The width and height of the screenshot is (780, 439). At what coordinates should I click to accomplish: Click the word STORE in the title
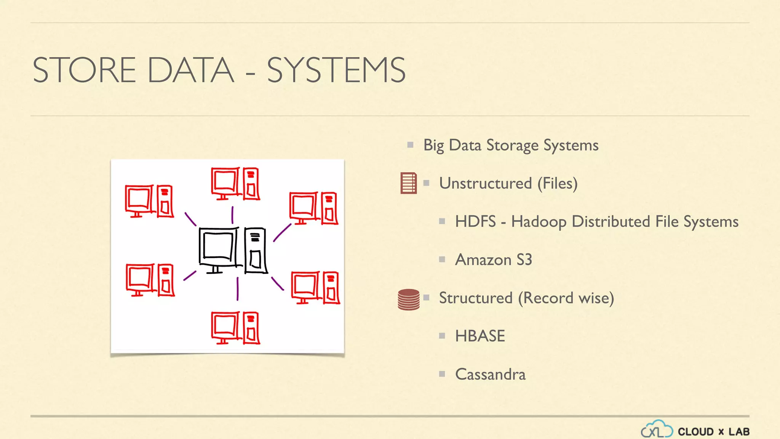point(84,70)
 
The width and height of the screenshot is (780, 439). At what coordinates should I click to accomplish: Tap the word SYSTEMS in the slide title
point(336,70)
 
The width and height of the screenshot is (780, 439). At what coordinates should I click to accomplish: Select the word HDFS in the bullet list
point(475,221)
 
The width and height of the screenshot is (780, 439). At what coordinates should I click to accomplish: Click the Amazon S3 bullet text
point(493,260)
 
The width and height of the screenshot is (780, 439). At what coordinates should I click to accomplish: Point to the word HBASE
point(480,336)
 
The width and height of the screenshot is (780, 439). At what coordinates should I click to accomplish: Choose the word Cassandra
point(490,374)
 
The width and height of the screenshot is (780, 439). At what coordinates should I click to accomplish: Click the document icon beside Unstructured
point(408,183)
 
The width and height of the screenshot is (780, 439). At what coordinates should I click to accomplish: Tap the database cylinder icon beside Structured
point(408,300)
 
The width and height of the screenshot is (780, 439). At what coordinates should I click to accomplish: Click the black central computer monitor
point(218,248)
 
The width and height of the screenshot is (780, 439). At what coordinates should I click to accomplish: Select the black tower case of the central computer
point(255,250)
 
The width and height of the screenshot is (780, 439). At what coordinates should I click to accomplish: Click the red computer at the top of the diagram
point(235,183)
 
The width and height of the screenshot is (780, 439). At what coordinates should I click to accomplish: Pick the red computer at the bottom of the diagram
point(235,328)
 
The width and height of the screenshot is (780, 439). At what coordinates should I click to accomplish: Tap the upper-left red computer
point(149,201)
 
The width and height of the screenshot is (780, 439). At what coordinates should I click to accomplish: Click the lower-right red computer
point(315,287)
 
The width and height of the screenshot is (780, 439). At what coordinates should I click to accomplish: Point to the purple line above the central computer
point(232,215)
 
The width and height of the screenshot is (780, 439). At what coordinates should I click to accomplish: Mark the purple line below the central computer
point(237,288)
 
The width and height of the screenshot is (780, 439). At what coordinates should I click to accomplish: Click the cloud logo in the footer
point(656,429)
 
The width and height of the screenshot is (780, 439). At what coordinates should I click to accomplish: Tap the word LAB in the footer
point(739,432)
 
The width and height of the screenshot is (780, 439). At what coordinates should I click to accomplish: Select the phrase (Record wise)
point(566,298)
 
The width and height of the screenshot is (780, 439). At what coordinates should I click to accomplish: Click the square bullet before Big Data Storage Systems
point(410,145)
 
